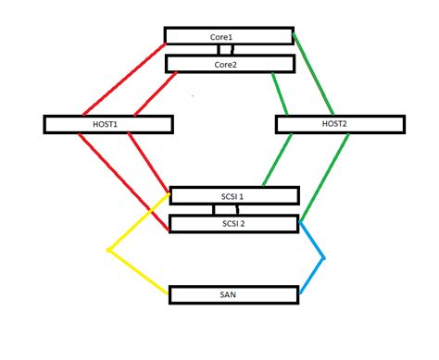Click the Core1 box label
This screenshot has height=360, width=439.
coord(221,35)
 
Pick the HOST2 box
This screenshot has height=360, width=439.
coord(340,123)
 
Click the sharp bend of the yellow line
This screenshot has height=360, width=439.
coord(108,249)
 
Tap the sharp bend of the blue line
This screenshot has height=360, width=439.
coord(324,257)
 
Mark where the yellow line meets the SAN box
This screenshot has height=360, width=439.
coord(169,292)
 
